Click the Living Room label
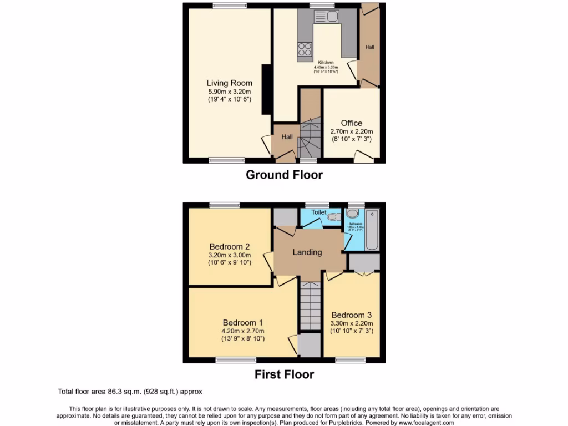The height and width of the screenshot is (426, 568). (229, 83)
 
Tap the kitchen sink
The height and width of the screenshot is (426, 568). (326, 17)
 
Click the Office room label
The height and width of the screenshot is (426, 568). (351, 123)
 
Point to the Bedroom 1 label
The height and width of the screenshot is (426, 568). (242, 323)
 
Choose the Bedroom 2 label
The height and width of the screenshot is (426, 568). (229, 247)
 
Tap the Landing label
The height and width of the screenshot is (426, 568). (307, 252)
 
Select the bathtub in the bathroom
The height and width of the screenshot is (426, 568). (372, 230)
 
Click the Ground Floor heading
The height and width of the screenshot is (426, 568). (284, 175)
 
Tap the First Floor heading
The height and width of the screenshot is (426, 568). (284, 374)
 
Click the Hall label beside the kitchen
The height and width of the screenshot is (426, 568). (369, 47)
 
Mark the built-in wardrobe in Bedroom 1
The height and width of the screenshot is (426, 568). (309, 345)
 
